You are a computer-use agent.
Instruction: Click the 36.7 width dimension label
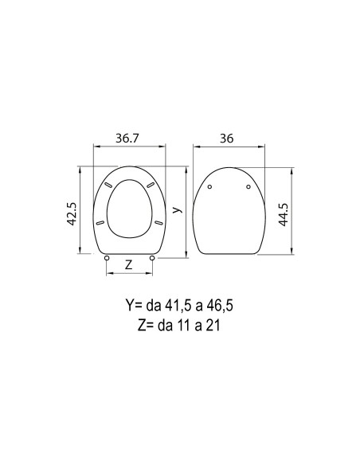coord(127,139)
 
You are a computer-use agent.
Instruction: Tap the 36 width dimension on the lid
coord(226,139)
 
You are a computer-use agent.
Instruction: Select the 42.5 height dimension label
coord(72,214)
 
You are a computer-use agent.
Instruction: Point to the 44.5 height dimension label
coord(284,215)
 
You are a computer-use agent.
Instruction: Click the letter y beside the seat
coord(177,209)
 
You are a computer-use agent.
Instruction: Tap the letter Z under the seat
coord(128,264)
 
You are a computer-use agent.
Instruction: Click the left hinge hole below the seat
coord(107,258)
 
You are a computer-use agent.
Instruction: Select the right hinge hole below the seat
coord(152,258)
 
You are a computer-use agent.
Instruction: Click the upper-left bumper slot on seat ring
coord(108,185)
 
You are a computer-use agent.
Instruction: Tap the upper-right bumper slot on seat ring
coord(151,185)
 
